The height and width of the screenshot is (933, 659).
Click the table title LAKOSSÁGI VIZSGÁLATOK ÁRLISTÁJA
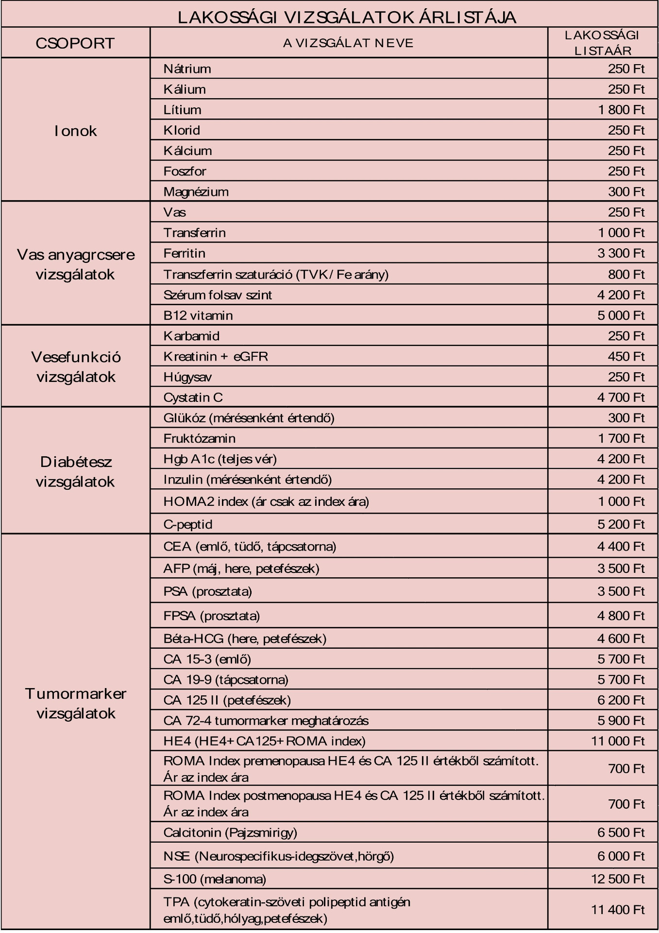pyautogui.click(x=347, y=17)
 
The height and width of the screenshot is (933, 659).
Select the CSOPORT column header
pyautogui.click(x=75, y=43)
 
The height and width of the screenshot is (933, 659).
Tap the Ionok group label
pyautogui.click(x=76, y=131)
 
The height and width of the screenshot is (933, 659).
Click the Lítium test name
pyautogui.click(x=183, y=110)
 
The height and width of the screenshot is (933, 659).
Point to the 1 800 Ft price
pyautogui.click(x=621, y=110)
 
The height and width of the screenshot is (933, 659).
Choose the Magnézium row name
pyautogui.click(x=196, y=192)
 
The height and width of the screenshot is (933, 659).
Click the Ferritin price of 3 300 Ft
pyautogui.click(x=621, y=253)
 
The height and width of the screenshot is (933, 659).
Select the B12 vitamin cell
pyautogui.click(x=198, y=315)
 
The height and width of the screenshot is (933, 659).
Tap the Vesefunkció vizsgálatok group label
pyautogui.click(x=76, y=367)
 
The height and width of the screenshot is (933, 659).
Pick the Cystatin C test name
pyautogui.click(x=193, y=397)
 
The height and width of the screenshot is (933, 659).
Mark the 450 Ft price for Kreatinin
pyautogui.click(x=626, y=357)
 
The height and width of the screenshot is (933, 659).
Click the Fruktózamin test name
pyautogui.click(x=200, y=438)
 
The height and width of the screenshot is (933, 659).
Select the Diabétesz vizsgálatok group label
pyautogui.click(x=76, y=471)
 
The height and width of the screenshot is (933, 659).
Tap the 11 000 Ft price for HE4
pyautogui.click(x=618, y=741)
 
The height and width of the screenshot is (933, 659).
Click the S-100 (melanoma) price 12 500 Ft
pyautogui.click(x=618, y=879)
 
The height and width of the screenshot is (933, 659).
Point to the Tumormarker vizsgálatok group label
pyautogui.click(x=76, y=703)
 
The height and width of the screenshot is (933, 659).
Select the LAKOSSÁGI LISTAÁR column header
pyautogui.click(x=602, y=43)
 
